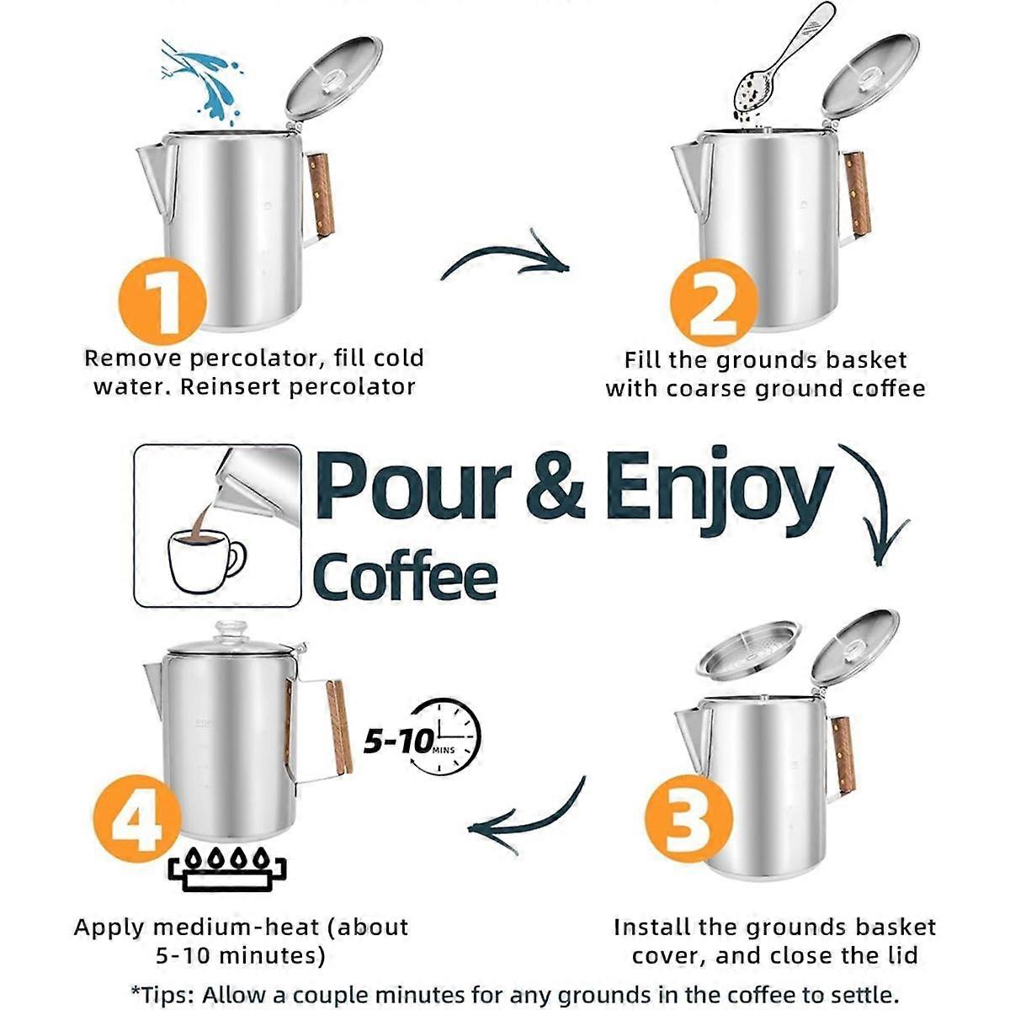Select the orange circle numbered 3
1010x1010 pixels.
pos(688,818)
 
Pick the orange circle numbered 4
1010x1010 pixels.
pos(136,816)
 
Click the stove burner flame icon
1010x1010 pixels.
pos(227,867)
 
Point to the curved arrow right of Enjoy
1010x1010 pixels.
pos(875,505)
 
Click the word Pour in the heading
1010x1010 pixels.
pos(412,486)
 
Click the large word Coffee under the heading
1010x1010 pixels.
pos(405,577)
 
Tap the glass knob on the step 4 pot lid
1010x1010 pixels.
pos(230,631)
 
